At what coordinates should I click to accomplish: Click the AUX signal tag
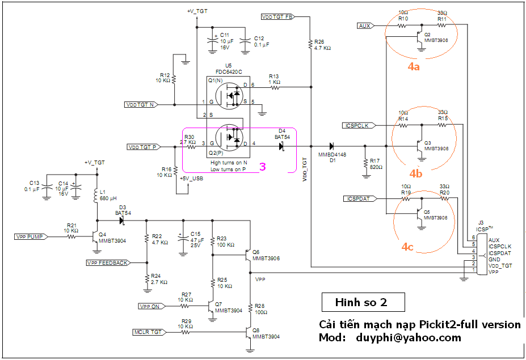pyautogui.click(x=365, y=26)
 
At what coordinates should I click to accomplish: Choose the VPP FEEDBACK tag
pyautogui.click(x=107, y=262)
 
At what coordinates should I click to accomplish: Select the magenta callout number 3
pyautogui.click(x=263, y=167)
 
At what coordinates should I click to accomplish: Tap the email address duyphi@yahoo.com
pyautogui.click(x=409, y=338)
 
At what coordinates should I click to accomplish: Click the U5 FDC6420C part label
pyautogui.click(x=228, y=69)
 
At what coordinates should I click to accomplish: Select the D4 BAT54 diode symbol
pyautogui.click(x=281, y=146)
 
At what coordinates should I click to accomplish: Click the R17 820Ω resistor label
pyautogui.click(x=376, y=164)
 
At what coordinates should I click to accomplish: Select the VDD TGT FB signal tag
pyautogui.click(x=277, y=17)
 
